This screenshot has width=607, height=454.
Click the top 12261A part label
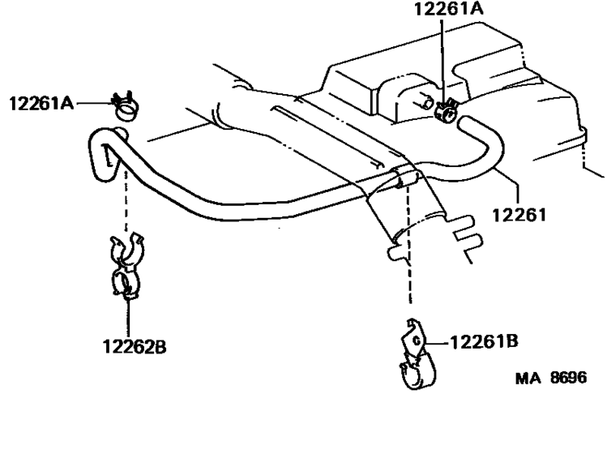pyautogui.click(x=449, y=11)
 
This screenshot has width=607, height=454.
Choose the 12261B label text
pyautogui.click(x=483, y=341)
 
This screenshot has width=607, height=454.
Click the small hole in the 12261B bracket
pyautogui.click(x=416, y=341)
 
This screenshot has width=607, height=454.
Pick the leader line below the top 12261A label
pyautogui.click(x=442, y=57)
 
